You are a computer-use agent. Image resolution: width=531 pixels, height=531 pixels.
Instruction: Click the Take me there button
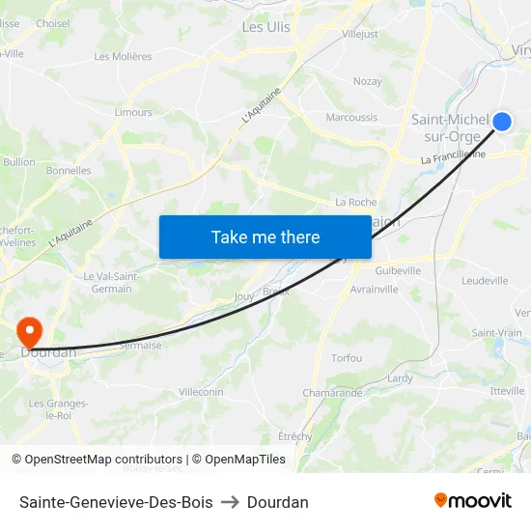click(x=265, y=237)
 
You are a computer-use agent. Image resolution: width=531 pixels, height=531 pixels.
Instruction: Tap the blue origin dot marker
click(x=502, y=121)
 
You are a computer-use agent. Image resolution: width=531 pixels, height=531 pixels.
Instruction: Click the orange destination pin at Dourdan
click(x=31, y=332)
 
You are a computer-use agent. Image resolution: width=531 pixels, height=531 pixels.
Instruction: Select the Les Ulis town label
click(x=265, y=27)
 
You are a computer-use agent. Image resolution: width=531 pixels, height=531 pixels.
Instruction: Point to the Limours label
click(x=133, y=112)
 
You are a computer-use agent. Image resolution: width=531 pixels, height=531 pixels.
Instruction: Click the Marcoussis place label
click(x=351, y=118)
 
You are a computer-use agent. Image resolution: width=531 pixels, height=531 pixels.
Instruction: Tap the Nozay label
click(x=367, y=82)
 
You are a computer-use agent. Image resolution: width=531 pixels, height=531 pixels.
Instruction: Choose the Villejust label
click(x=360, y=34)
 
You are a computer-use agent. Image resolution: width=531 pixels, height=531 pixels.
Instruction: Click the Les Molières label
click(x=123, y=56)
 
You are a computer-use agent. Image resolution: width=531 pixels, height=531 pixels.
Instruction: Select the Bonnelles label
click(x=69, y=171)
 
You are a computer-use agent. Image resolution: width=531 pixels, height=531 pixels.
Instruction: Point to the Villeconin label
click(x=201, y=392)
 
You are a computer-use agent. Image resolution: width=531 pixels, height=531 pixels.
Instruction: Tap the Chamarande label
click(x=332, y=393)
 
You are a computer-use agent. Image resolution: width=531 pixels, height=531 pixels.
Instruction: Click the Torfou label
click(x=347, y=358)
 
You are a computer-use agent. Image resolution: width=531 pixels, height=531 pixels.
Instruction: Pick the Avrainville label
click(x=375, y=290)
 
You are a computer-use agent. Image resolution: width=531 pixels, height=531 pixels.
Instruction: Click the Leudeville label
click(x=485, y=281)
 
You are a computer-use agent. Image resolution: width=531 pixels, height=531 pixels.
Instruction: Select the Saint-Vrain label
click(x=496, y=333)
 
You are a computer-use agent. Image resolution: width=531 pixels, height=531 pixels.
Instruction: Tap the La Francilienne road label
click(x=453, y=154)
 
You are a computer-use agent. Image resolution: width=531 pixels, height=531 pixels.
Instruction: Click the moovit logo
click(x=473, y=500)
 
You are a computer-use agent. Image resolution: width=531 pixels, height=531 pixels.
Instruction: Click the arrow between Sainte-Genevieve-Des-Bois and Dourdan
click(x=230, y=502)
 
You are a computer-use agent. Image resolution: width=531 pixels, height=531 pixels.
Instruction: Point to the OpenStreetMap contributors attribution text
click(x=103, y=460)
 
